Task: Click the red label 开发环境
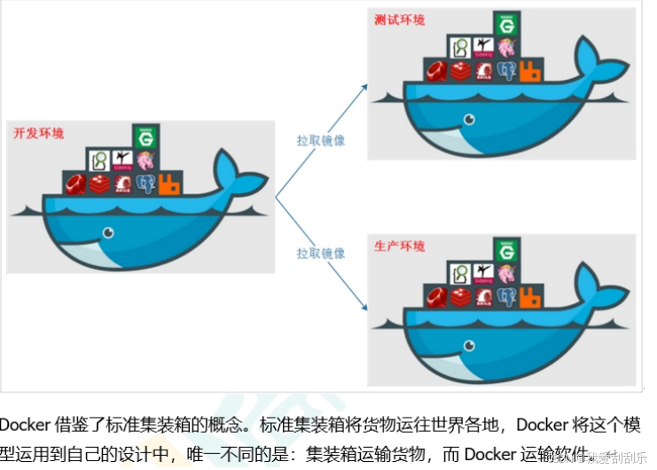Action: pos(38,134)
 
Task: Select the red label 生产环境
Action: pos(401,246)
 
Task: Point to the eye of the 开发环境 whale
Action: pos(108,233)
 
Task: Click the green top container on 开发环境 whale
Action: pos(145,137)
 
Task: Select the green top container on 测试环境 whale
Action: pos(507,24)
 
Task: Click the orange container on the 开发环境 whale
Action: pos(170,185)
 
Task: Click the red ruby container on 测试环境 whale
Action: pos(435,72)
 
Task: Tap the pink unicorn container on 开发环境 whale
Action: pos(145,161)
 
